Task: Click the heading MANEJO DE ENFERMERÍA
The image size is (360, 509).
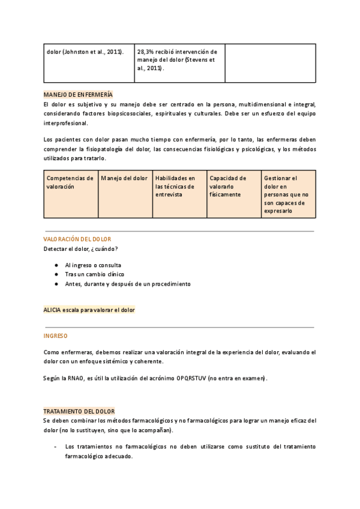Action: (x=78, y=95)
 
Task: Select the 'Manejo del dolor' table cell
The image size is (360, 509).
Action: (x=124, y=178)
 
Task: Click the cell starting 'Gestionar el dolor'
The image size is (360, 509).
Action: (x=287, y=194)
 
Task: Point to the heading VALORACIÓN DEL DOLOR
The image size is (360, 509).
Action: (x=77, y=239)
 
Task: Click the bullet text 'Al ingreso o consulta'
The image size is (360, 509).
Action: (x=93, y=265)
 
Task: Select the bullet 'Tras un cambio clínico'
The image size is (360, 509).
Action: (x=95, y=274)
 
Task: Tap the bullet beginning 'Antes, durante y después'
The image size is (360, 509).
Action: (x=128, y=284)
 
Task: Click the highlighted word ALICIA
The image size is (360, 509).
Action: (x=53, y=310)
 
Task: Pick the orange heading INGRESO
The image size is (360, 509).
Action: (x=56, y=336)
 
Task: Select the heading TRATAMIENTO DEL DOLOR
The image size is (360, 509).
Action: (x=79, y=411)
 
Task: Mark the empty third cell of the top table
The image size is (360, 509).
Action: (x=270, y=62)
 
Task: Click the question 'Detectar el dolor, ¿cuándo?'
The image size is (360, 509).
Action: (x=81, y=248)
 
